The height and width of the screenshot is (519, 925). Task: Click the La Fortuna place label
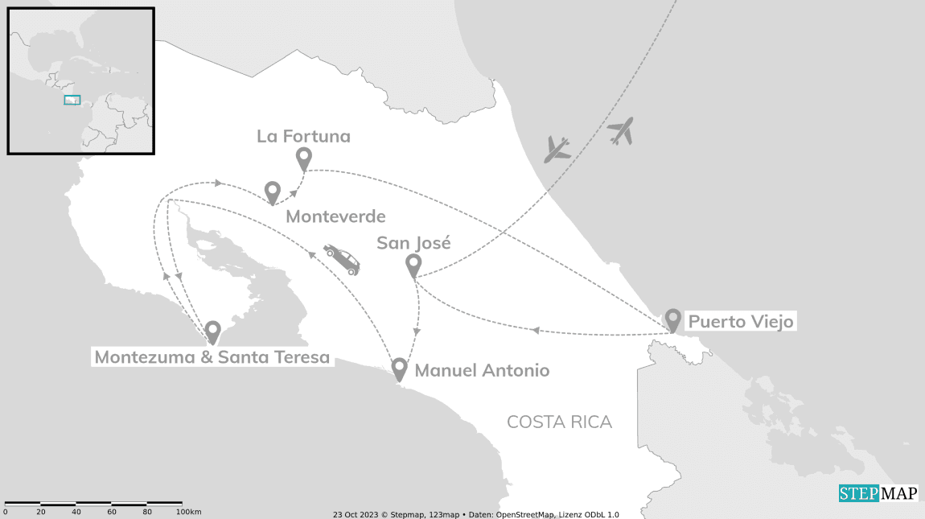[x=303, y=137]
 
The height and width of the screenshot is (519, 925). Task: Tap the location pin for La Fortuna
[x=303, y=158]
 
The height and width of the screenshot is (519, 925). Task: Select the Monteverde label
[x=335, y=216]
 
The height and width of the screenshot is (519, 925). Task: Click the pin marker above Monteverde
[x=273, y=192]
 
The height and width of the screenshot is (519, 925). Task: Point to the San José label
[x=413, y=243]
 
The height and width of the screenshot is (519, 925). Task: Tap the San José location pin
[x=413, y=264]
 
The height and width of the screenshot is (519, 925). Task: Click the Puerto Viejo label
[x=741, y=322]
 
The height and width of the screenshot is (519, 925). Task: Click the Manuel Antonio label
[x=482, y=370]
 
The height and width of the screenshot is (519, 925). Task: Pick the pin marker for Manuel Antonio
[x=399, y=368]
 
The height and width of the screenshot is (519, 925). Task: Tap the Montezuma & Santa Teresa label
[x=212, y=357]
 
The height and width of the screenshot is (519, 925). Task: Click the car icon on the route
[x=342, y=259]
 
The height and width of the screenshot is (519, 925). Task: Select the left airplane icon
[x=557, y=149]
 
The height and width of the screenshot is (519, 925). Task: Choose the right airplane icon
[x=620, y=130]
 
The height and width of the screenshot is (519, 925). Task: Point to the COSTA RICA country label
[x=559, y=422]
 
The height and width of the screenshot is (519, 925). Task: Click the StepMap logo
[x=878, y=493]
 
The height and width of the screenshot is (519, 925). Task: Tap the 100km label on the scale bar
[x=188, y=512]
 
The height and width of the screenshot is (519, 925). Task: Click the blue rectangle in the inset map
[x=72, y=100]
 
